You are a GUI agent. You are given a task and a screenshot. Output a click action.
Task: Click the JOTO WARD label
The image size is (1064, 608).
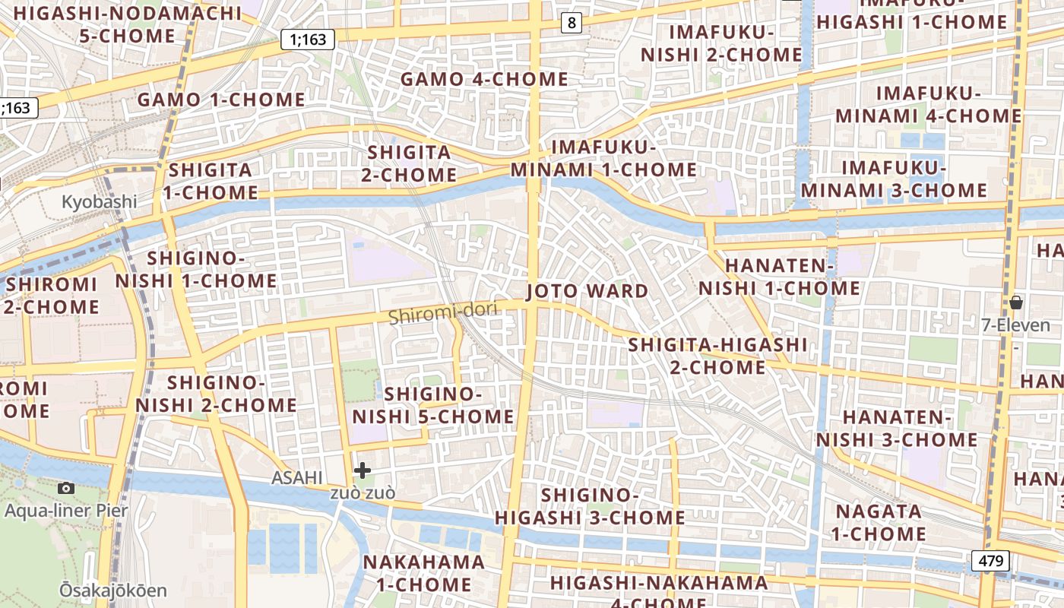pyautogui.click(x=587, y=291)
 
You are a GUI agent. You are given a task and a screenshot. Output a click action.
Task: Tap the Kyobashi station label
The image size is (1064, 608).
pyautogui.click(x=99, y=202)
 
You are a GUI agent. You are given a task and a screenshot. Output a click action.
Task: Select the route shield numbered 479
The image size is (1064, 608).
pyautogui.click(x=990, y=562)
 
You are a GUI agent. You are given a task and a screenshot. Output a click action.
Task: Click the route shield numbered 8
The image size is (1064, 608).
pyautogui.click(x=572, y=24)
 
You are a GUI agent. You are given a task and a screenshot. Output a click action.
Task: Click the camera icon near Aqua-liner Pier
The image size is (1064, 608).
pyautogui.click(x=66, y=488)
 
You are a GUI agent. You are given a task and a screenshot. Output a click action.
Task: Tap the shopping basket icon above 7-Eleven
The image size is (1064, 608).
pyautogui.click(x=1015, y=303)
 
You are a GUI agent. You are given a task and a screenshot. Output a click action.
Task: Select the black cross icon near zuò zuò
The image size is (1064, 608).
pyautogui.click(x=363, y=470)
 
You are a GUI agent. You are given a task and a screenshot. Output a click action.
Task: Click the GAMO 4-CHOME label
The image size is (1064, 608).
pyautogui.click(x=484, y=79)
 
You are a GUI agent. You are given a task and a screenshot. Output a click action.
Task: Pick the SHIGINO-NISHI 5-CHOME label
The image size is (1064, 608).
pyautogui.click(x=433, y=405)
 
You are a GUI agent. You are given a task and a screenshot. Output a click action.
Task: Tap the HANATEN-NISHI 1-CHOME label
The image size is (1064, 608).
pyautogui.click(x=780, y=277)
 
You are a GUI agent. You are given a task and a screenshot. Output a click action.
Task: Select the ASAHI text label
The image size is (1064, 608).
pyautogui.click(x=297, y=477)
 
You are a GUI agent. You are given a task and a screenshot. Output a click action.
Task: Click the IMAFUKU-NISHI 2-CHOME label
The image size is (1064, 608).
pyautogui.click(x=720, y=43)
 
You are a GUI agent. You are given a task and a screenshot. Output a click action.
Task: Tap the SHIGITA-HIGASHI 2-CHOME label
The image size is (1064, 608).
pyautogui.click(x=717, y=356)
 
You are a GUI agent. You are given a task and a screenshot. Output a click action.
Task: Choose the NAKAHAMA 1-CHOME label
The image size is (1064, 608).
pyautogui.click(x=423, y=573)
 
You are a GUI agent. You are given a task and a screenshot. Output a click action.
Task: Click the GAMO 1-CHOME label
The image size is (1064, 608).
pyautogui.click(x=221, y=100)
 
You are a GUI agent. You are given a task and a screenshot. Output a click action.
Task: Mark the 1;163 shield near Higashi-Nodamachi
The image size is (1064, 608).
pyautogui.click(x=308, y=40)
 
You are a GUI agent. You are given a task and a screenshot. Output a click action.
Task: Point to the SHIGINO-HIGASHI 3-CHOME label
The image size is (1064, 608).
pyautogui.click(x=590, y=506)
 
